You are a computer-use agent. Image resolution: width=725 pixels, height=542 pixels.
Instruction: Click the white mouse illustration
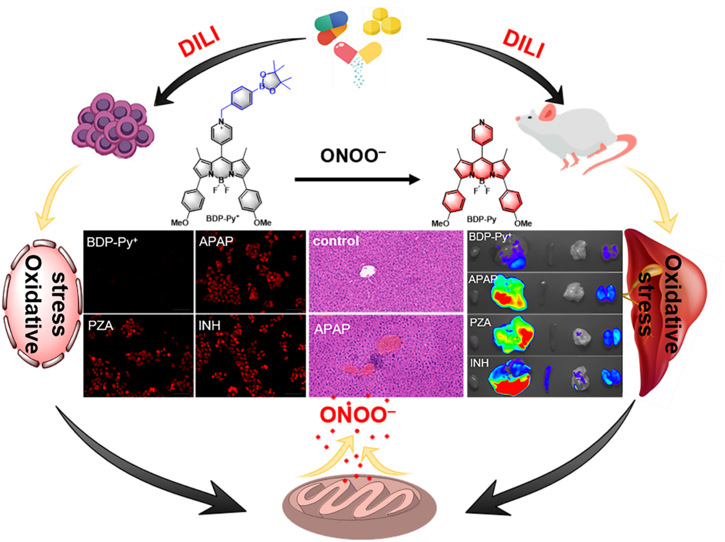tap(571, 132)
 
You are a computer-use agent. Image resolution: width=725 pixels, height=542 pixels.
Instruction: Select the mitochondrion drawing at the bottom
tap(359, 503)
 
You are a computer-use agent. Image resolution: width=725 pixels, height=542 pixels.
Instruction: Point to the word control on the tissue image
tap(336, 241)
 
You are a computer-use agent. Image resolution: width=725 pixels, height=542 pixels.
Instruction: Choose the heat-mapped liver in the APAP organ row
tap(509, 291)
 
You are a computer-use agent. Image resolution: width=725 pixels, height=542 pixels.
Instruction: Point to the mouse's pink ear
tap(547, 112)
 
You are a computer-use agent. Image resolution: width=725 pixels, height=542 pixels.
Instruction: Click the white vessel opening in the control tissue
tap(367, 271)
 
